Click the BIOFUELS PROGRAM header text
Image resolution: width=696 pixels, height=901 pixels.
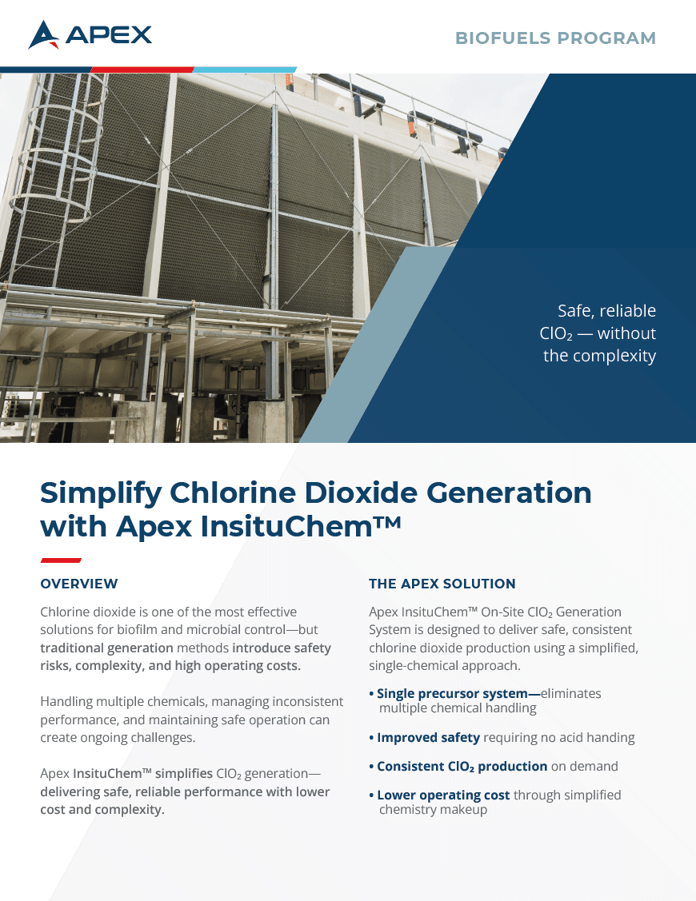pos(556,38)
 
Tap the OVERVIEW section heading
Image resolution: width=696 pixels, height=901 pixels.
pos(79,584)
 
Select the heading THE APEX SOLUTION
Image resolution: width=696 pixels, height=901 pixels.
pos(442,584)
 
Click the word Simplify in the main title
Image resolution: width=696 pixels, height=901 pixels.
pos(102,493)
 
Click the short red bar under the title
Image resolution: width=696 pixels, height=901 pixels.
pos(61,560)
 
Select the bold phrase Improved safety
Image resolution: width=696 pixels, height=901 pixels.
pos(429,737)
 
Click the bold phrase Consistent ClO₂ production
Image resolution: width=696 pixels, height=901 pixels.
pos(462,767)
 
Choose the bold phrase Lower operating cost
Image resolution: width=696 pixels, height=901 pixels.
pos(443,795)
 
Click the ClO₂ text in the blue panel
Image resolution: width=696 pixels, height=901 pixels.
pos(556,334)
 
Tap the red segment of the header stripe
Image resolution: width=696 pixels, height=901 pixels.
pos(142,70)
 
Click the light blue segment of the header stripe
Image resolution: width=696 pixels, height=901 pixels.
pos(245,70)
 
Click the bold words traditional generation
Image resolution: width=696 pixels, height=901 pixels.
pos(106,648)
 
